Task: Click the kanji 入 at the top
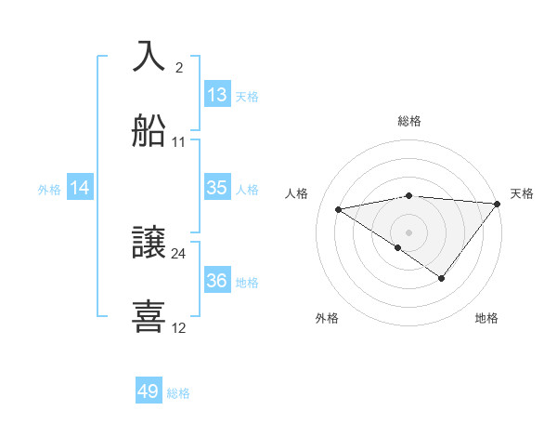click(150, 57)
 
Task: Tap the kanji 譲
click(150, 244)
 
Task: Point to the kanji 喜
click(150, 316)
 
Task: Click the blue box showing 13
click(216, 95)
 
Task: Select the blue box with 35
click(216, 188)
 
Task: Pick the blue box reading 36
click(216, 281)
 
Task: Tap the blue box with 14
click(80, 188)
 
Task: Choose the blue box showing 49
click(149, 391)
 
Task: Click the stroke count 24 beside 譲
click(179, 253)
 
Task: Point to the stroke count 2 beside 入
click(179, 67)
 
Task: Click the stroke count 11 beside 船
click(179, 142)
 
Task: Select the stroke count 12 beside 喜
click(179, 327)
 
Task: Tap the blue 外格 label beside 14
click(49, 189)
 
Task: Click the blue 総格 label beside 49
click(178, 393)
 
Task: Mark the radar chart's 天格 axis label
click(522, 193)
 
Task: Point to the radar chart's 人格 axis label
click(297, 193)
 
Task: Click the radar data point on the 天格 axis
click(499, 204)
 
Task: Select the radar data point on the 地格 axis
click(442, 278)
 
